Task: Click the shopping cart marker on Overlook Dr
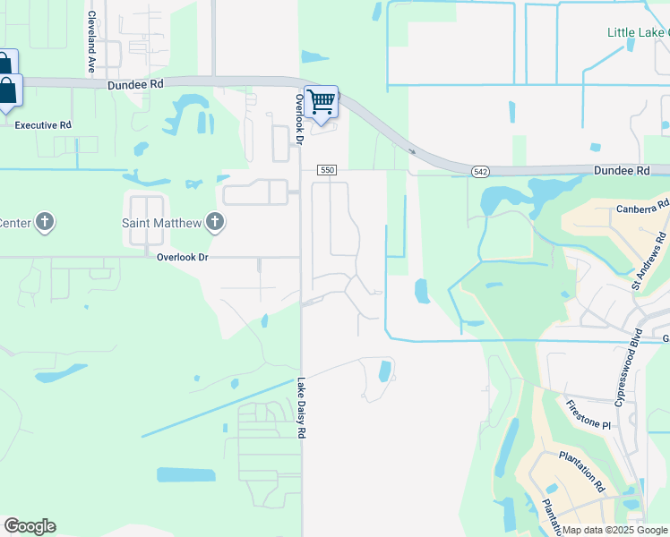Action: [321, 102]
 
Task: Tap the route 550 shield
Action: [328, 170]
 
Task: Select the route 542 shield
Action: [481, 170]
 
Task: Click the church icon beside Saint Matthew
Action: [213, 222]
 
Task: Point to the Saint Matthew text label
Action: [162, 222]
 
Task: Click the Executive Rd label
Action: [43, 125]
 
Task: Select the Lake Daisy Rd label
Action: [303, 407]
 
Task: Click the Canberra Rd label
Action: [642, 208]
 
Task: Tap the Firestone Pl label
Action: [587, 414]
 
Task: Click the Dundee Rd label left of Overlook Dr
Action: [135, 86]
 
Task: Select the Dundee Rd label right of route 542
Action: [621, 170]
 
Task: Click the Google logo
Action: [30, 526]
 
